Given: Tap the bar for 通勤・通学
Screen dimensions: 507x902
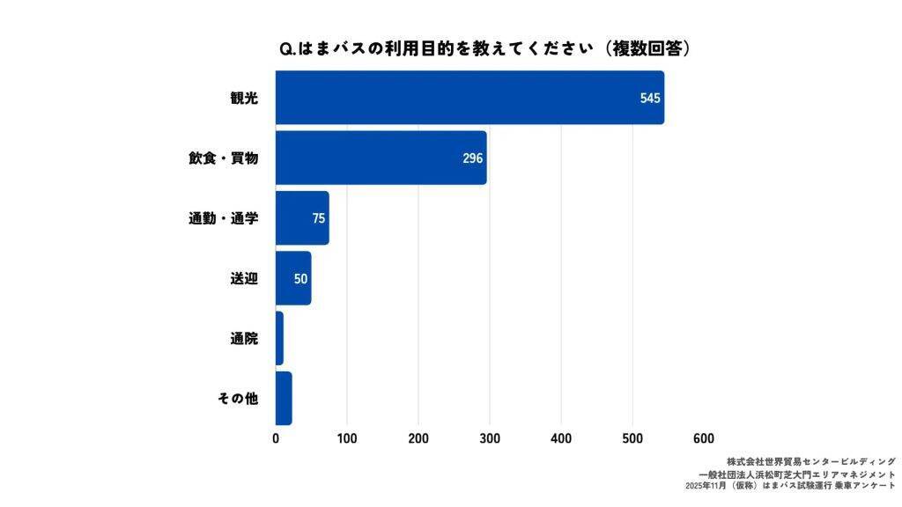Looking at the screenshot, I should (301, 218).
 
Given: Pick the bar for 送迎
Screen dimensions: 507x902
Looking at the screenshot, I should (292, 278).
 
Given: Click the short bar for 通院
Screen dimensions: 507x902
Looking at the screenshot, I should (279, 338).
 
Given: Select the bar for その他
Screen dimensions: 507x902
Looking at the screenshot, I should (284, 399).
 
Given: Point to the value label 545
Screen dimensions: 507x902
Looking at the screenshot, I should (650, 98).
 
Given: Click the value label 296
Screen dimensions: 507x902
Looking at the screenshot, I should (473, 158).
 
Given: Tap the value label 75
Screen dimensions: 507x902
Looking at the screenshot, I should (319, 218).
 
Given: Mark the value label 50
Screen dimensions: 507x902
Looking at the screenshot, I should (300, 278).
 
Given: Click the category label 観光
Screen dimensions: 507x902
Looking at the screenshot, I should (243, 98).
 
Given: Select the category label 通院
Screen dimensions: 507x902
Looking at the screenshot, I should (243, 338).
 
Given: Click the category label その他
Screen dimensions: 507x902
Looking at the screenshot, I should (238, 399).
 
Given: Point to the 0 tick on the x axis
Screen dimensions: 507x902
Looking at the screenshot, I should (276, 438).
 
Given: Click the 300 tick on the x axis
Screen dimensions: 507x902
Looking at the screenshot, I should (490, 438).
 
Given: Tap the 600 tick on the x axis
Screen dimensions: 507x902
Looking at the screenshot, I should (704, 438).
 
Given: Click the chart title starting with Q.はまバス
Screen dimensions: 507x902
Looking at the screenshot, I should (484, 49).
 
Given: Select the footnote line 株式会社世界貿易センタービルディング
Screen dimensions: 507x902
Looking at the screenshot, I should (811, 461).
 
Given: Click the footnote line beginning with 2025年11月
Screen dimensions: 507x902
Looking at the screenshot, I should (790, 485).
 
